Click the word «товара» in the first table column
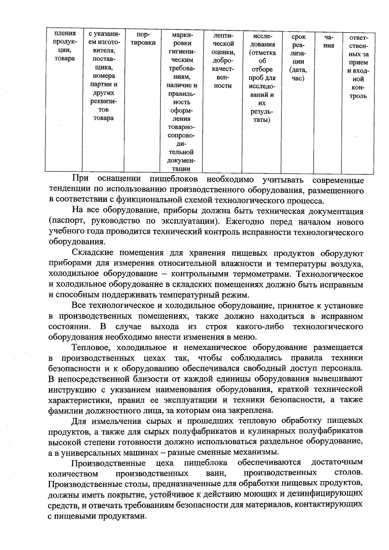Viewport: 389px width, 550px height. [65, 58]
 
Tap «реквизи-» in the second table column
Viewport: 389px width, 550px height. [103, 101]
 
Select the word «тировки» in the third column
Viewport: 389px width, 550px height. [143, 42]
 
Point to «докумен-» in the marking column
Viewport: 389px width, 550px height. [181, 160]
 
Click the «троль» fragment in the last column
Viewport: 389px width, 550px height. [358, 96]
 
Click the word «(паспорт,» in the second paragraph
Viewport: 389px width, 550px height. [67, 222]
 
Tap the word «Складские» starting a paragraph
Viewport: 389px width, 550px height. [93, 253]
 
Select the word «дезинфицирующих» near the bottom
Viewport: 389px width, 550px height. [326, 495]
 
